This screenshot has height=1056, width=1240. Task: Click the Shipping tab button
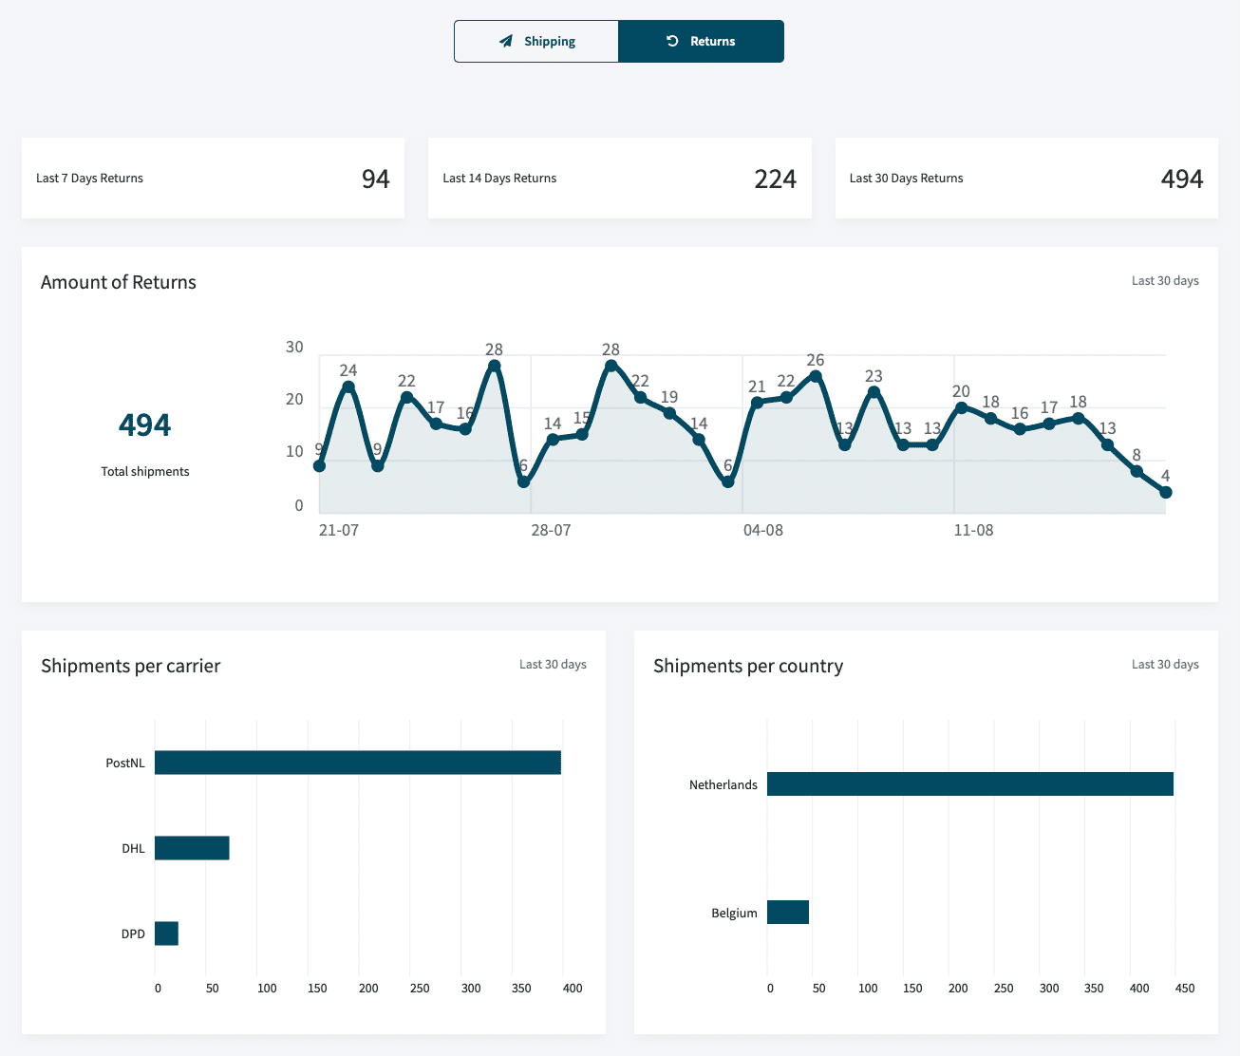[x=536, y=42]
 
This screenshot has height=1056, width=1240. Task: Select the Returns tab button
[x=701, y=42]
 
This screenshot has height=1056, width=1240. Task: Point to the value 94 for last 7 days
[x=375, y=179]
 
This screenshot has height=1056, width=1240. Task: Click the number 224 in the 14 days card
[x=775, y=179]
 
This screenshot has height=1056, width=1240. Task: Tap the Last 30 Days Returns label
[x=906, y=179]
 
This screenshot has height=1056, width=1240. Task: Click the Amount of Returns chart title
[x=119, y=282]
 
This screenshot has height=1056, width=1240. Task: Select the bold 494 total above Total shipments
[x=144, y=424]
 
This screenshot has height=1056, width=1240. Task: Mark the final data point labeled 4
[x=1165, y=492]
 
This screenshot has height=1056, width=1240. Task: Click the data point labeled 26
[x=815, y=376]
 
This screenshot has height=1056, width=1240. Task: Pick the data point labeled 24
[x=348, y=387]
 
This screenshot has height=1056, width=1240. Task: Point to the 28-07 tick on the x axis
[x=551, y=530]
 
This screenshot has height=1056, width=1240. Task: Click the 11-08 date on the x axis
[x=973, y=530]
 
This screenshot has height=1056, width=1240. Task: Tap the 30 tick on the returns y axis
[x=294, y=347]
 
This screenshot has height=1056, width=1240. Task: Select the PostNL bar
[x=358, y=763]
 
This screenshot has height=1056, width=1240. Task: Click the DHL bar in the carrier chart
[x=192, y=848]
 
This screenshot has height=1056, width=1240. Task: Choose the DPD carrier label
[x=133, y=933]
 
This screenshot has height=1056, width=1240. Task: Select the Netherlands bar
[x=969, y=783]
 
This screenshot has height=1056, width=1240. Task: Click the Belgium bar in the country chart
[x=787, y=912]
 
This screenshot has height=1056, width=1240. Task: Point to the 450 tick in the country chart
[x=1184, y=988]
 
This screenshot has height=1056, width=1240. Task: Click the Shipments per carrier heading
[x=130, y=666]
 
